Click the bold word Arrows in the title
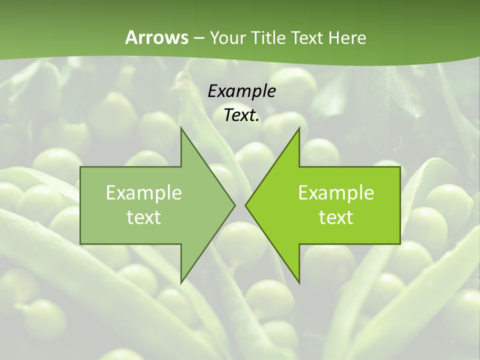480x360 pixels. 156,37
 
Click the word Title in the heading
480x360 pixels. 268,38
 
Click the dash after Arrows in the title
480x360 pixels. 198,38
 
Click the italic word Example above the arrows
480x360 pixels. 241,91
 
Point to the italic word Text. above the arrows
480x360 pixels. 241,115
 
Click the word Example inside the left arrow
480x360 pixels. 144,192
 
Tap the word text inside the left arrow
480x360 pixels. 144,217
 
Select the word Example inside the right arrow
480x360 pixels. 336,192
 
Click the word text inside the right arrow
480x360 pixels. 336,217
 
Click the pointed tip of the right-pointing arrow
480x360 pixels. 235,205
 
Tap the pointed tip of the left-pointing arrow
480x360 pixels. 245,205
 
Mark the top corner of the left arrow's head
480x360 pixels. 181,128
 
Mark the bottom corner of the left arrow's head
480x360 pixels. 181,283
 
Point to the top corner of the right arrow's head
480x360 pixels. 299,128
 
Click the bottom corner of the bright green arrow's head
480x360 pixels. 299,283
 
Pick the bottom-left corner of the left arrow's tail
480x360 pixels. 80,244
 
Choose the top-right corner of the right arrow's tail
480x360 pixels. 400,167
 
